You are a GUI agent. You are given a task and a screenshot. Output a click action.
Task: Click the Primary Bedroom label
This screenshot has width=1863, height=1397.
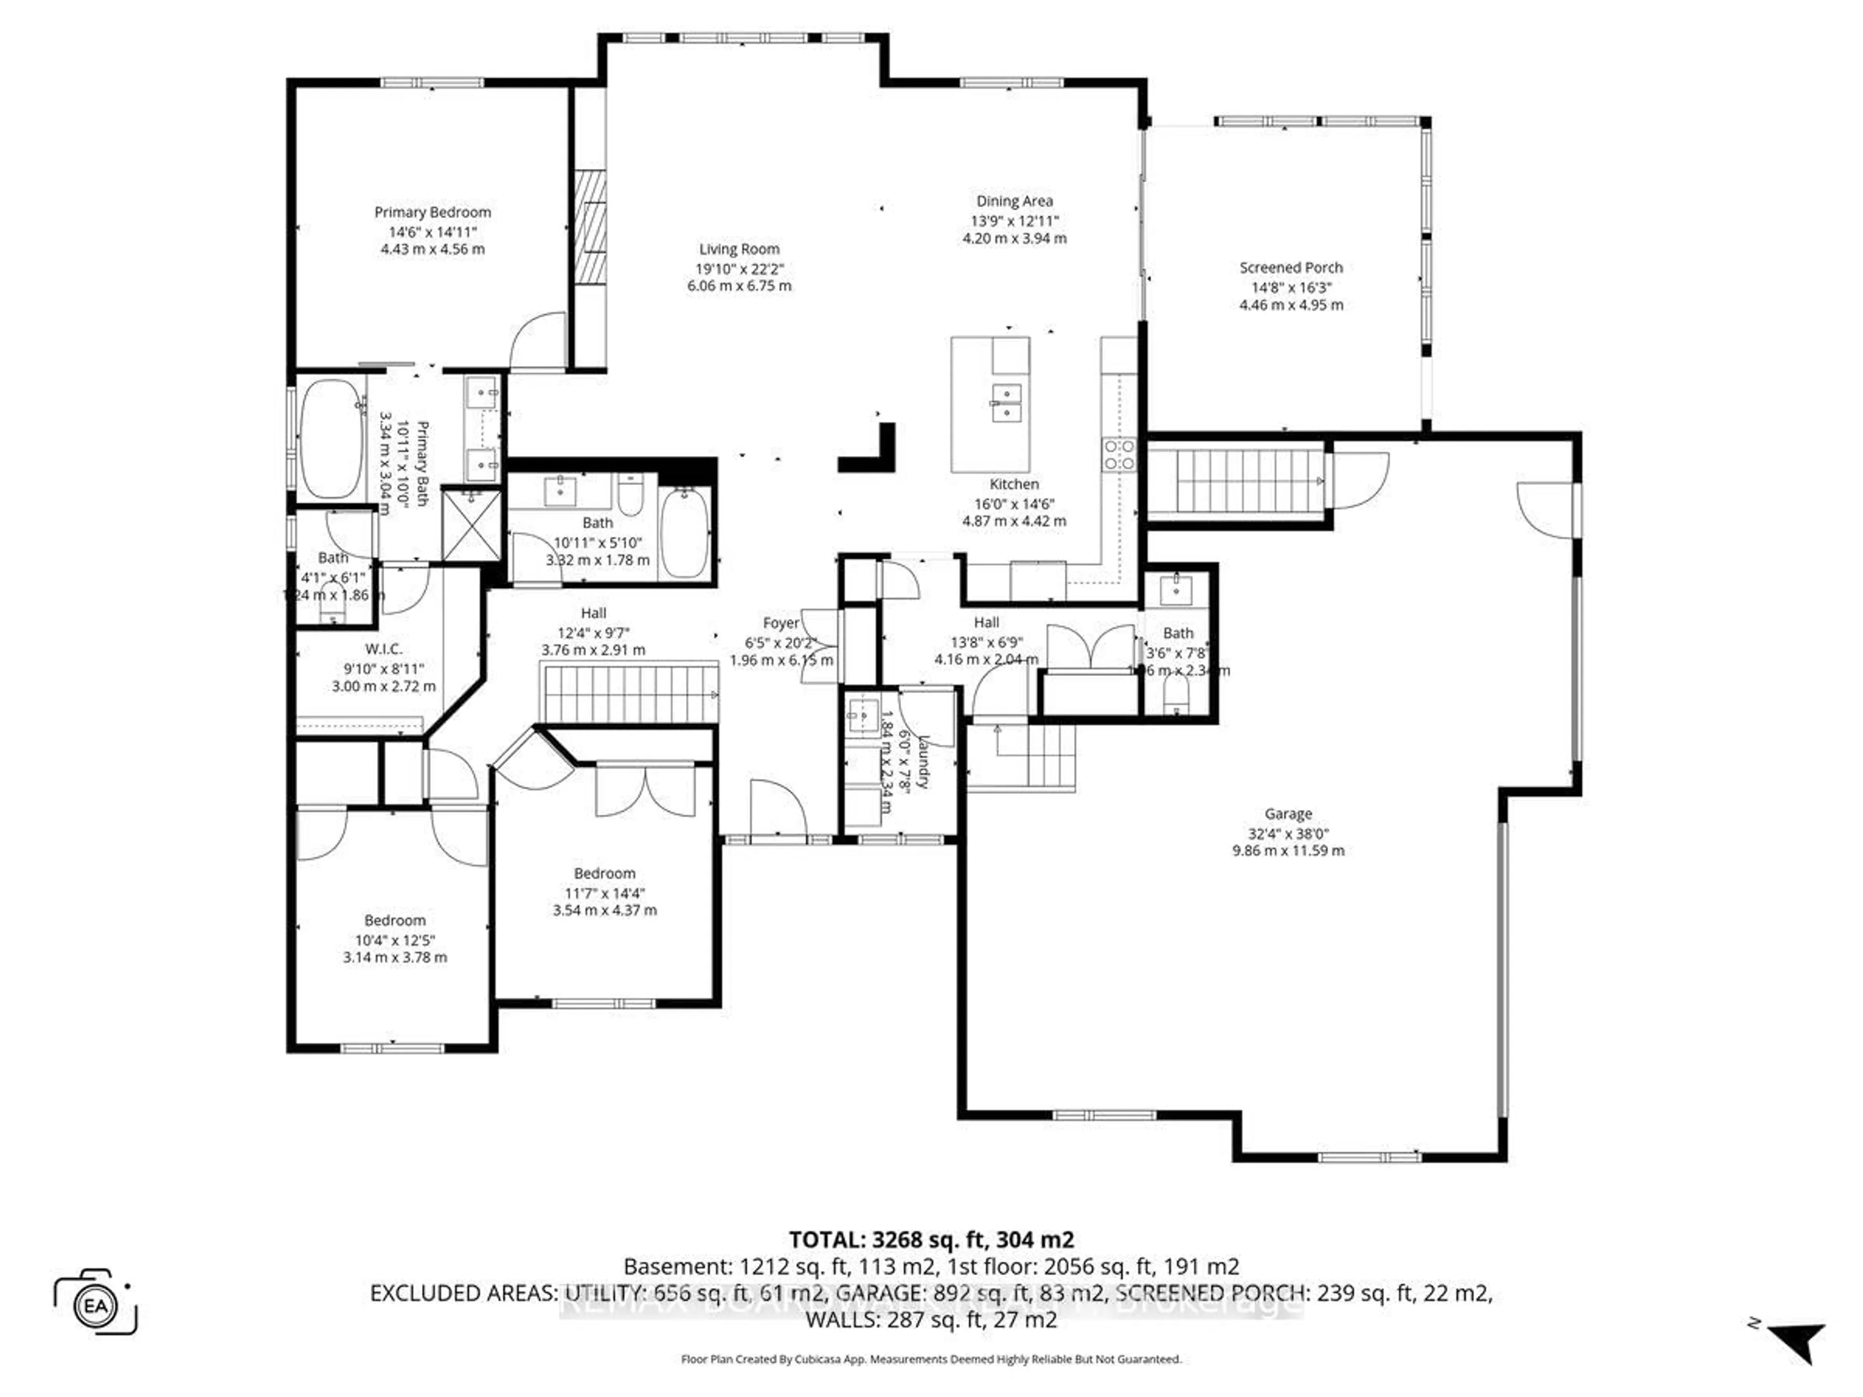432,212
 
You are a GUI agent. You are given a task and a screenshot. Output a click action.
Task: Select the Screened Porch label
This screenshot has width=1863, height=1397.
1291,268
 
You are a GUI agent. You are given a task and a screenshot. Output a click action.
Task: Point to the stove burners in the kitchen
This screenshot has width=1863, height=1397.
1119,455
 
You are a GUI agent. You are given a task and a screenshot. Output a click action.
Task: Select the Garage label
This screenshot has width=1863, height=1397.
1288,813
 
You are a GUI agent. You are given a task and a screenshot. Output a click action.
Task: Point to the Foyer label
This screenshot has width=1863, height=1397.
781,623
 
